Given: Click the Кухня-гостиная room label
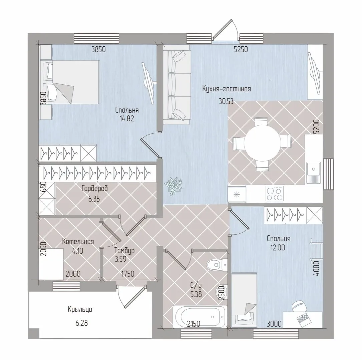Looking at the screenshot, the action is point(227,89).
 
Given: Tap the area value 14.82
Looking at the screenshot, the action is point(127,119).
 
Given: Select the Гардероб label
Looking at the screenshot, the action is point(95,189).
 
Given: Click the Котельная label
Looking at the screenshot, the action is point(78,241).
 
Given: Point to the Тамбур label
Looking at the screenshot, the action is point(124,251).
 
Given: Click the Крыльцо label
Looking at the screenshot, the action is point(80,309).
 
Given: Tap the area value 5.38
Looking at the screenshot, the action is point(196,295).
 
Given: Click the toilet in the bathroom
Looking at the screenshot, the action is point(216,265).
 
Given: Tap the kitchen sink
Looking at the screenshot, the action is point(313,172).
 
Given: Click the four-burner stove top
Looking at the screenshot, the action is point(274,194).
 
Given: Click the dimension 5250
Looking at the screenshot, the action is point(241,50).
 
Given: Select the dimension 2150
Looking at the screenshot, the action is point(194,324).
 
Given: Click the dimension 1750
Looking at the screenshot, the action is point(128,274).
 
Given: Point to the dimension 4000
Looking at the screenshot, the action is point(317,268).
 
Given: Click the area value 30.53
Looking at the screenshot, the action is point(226,101).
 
